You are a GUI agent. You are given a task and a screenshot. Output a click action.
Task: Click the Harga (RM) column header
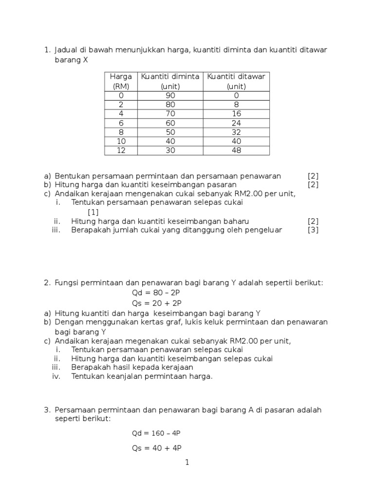pyautogui.click(x=121, y=81)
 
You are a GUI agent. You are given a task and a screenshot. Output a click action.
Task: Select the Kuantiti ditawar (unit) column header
pyautogui.click(x=236, y=81)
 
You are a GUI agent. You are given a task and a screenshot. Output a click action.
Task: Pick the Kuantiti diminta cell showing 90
pyautogui.click(x=170, y=96)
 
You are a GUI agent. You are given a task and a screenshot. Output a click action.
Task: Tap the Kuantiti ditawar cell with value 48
pyautogui.click(x=236, y=150)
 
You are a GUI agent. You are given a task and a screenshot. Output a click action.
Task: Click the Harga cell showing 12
pyautogui.click(x=121, y=150)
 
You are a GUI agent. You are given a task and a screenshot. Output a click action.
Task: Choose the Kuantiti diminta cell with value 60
pyautogui.click(x=170, y=123)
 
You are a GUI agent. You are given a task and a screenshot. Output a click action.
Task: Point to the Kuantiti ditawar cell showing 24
pyautogui.click(x=236, y=123)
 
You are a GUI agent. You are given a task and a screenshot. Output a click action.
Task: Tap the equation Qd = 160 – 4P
pyautogui.click(x=158, y=433)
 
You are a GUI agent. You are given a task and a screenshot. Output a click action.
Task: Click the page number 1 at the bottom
pyautogui.click(x=187, y=462)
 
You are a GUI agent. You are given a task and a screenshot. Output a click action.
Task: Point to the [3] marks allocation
pyautogui.click(x=313, y=230)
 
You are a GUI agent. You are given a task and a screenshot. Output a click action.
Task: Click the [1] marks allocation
pyautogui.click(x=93, y=212)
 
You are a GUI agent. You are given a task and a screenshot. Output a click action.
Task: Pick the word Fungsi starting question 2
pyautogui.click(x=68, y=283)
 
